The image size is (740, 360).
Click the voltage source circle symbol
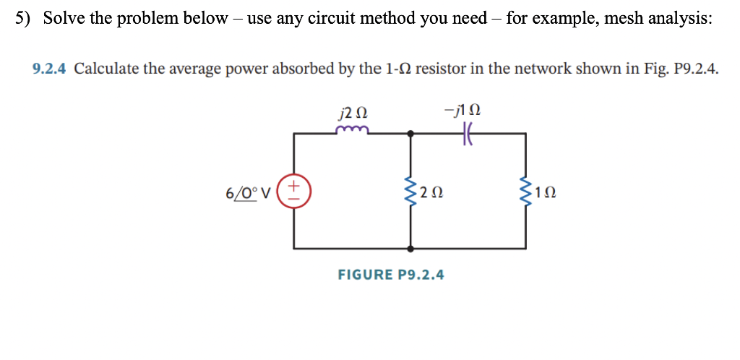294,192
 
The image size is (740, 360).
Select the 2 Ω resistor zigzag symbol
410,192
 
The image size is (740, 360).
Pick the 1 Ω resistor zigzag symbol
525,192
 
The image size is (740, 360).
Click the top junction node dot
410,134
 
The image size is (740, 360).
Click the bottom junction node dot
410,249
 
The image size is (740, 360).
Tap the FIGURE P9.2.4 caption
391,275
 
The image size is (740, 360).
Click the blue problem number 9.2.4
50,69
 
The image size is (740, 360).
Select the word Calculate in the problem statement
106,69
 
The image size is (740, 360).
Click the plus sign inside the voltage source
294,185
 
